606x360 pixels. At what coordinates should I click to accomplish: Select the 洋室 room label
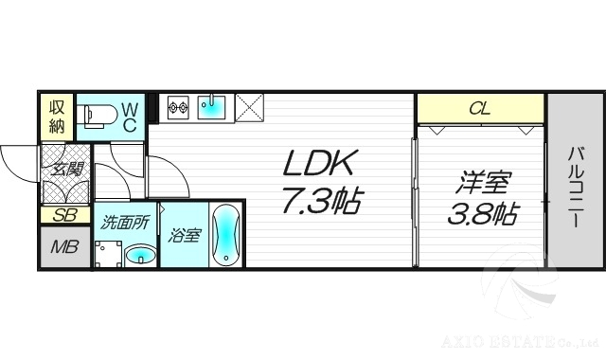tap(481, 181)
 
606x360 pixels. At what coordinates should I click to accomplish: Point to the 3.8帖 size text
tap(481, 214)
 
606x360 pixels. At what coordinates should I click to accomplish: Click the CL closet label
tap(480, 109)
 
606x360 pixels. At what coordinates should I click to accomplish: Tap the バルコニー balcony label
tap(575, 186)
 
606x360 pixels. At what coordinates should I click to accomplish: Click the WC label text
tap(130, 117)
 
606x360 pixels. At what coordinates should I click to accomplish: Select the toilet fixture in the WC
tap(98, 116)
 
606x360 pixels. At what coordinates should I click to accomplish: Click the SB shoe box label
tap(63, 215)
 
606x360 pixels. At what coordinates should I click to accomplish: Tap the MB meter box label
tap(63, 247)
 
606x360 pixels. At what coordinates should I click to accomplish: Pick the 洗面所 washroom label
tap(124, 225)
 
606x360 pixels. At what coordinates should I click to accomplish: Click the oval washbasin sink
tap(141, 254)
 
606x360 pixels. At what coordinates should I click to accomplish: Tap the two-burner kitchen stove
tap(179, 108)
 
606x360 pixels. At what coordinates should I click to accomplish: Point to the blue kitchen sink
tap(213, 108)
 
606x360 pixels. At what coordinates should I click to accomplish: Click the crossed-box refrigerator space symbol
tap(250, 108)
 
